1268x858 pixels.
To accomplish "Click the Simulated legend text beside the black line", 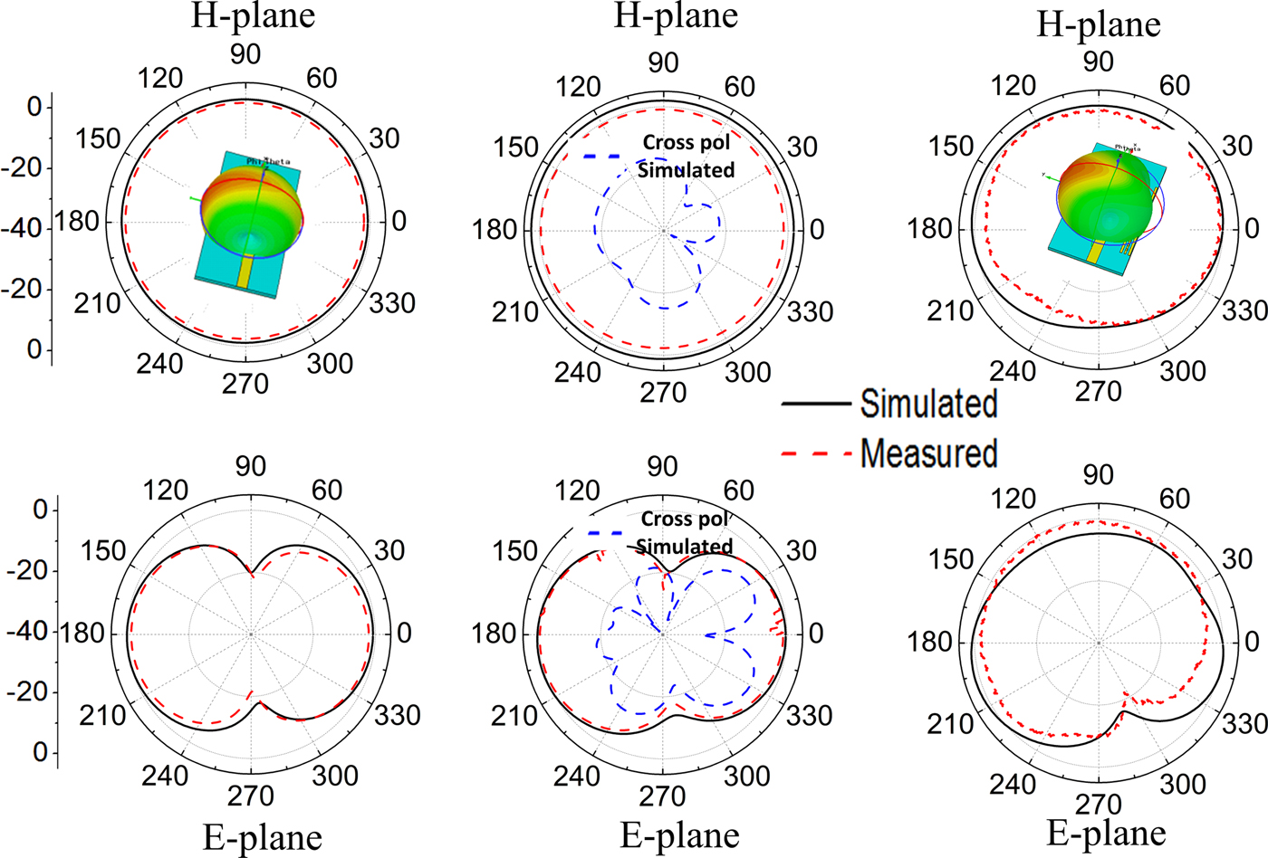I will pos(928,404).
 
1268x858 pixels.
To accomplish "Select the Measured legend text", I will pos(928,453).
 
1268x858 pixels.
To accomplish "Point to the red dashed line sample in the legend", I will pos(816,453).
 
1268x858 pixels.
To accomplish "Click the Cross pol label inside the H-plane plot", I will pos(686,142).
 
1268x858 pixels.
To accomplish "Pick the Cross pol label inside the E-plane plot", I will pos(685,519).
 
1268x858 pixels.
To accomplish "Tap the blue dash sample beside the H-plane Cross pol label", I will pos(601,157).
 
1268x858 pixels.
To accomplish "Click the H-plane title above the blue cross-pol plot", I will pos(676,15).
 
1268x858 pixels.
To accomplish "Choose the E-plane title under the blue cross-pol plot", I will pos(679,835).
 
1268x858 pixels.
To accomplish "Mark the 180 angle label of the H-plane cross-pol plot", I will pos(494,230).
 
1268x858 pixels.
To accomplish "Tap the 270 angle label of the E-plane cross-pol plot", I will pos(662,796).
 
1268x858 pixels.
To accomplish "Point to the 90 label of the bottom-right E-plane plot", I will pos(1098,475).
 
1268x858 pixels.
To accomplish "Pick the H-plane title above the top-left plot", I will pos(253,15).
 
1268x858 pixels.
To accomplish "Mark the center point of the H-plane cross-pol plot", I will pos(663,231).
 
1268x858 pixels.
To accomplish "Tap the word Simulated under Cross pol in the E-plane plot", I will pos(685,547).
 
